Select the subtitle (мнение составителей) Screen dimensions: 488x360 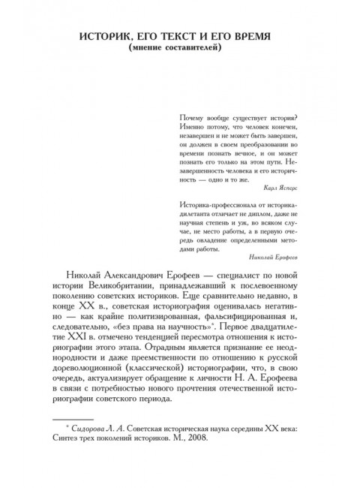point(180,50)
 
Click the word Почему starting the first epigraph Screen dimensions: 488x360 point(194,116)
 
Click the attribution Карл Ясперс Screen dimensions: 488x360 point(282,182)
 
